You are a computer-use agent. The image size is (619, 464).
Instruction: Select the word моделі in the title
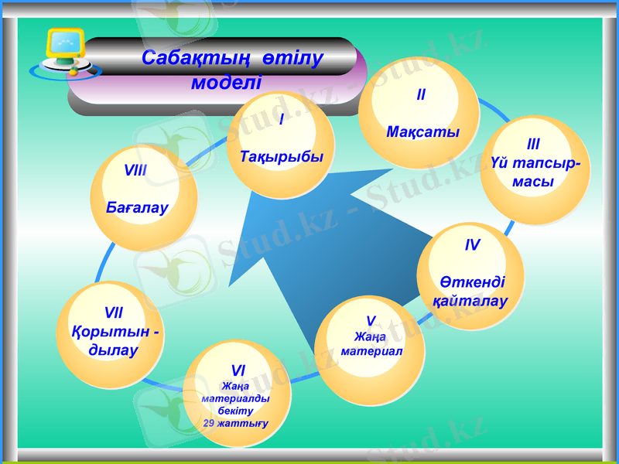226,81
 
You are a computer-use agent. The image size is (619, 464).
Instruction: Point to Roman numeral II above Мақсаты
421,95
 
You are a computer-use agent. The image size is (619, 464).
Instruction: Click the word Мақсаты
422,131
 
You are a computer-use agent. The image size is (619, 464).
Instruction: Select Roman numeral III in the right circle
533,144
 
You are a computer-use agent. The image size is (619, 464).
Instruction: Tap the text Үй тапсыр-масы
533,172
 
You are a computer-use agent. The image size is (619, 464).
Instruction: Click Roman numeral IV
472,245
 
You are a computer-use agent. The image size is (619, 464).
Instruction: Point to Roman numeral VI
238,372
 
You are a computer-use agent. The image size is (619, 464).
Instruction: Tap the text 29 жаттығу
236,423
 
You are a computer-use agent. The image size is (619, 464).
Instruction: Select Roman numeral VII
113,313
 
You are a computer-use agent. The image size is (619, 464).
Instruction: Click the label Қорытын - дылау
114,340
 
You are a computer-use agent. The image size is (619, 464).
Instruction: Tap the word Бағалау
138,208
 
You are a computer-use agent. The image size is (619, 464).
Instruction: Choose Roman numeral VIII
136,170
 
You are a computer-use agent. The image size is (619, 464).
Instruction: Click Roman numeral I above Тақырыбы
280,120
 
